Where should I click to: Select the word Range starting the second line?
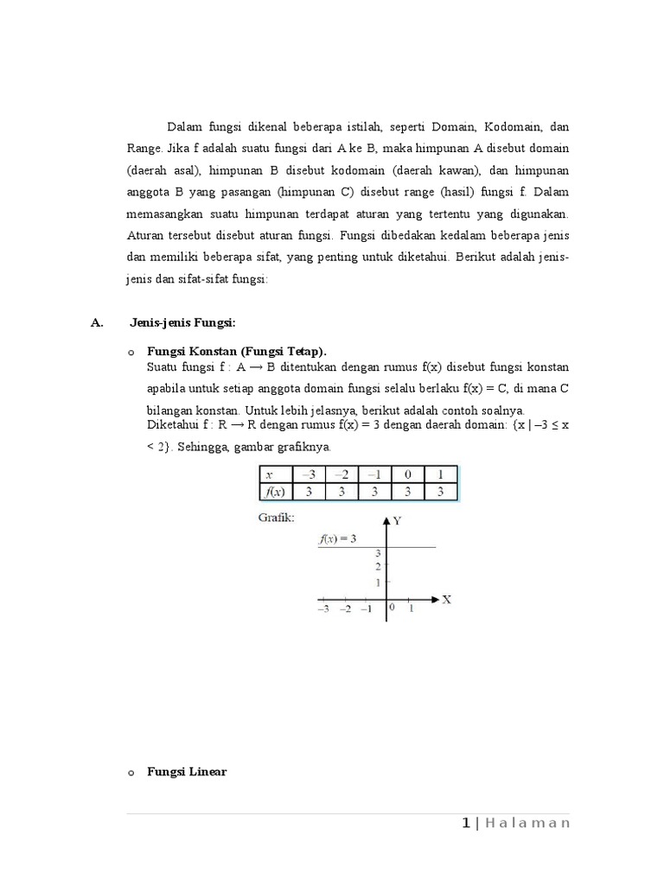(x=144, y=148)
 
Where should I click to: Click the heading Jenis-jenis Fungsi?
(x=182, y=322)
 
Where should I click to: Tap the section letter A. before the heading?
(x=97, y=322)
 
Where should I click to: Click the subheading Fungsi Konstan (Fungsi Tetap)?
(x=237, y=351)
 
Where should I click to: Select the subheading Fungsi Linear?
(x=187, y=771)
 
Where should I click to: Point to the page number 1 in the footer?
(x=465, y=823)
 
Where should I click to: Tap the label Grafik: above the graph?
(x=276, y=519)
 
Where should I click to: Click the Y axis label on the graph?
(x=397, y=520)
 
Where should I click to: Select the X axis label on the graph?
(x=447, y=599)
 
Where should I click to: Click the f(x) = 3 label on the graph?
(x=337, y=538)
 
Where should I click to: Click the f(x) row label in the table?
(x=276, y=492)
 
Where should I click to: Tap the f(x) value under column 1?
(x=440, y=492)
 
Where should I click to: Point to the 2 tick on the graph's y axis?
(x=378, y=567)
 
